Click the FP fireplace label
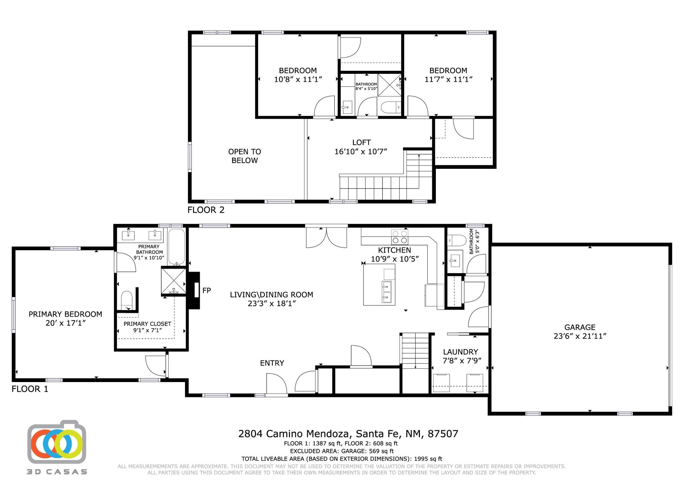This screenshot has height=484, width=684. tap(206, 290)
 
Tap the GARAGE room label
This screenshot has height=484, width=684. tap(580, 327)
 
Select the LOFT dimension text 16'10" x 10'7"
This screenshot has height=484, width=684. tap(361, 151)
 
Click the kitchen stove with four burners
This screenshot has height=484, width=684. tap(399, 237)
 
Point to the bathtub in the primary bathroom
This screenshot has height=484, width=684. tap(176, 247)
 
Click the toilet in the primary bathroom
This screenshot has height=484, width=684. tap(127, 300)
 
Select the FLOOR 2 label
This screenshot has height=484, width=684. tap(206, 210)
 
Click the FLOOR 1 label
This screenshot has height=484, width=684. tap(30, 389)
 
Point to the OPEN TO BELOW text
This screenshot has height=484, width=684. tap(244, 156)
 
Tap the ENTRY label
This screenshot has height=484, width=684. tap(272, 363)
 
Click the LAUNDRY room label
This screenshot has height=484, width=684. tap(460, 352)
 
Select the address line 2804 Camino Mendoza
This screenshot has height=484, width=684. tap(348, 434)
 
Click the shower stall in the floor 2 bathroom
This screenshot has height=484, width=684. tap(389, 85)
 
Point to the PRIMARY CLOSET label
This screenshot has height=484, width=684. tap(147, 324)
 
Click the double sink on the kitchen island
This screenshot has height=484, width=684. tap(387, 291)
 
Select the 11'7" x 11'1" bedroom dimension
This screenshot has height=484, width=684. tap(448, 79)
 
